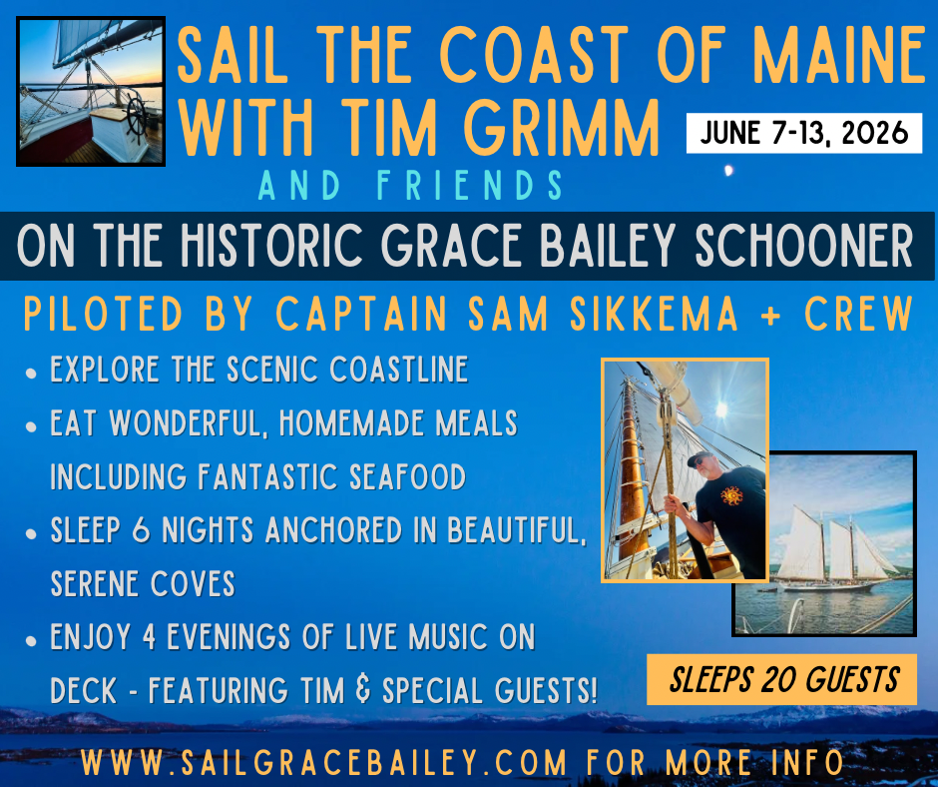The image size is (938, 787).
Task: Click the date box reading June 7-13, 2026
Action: pos(804,133)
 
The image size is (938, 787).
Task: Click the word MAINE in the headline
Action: pos(838,55)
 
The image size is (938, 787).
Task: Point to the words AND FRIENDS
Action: pos(410,185)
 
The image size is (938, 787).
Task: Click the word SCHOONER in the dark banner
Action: pos(803,246)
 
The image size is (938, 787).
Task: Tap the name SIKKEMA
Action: pos(654,314)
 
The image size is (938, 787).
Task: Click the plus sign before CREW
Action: pos(771,315)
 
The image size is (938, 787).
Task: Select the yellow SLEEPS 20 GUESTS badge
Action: pos(782,679)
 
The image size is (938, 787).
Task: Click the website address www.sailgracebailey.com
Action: pos(323,762)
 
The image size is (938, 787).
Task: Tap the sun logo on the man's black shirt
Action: pos(731,496)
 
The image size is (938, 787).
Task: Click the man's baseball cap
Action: pos(700,458)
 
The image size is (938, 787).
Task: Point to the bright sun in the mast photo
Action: pos(720,409)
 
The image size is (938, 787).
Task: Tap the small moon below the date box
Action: pos(728,171)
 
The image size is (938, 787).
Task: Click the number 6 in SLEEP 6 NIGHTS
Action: pos(141,530)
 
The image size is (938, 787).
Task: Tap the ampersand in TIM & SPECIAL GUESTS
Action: pos(362,690)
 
